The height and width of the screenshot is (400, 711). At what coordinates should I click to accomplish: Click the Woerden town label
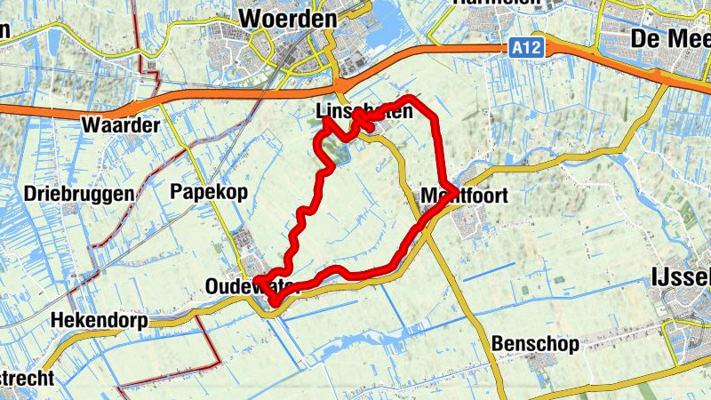pos(288,19)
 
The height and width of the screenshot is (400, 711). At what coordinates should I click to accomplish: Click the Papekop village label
pos(208,192)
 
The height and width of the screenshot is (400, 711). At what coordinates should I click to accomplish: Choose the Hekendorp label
pos(98,320)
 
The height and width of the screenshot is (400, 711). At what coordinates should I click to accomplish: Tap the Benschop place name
pos(534,343)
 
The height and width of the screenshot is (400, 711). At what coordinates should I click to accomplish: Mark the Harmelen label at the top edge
pos(484,4)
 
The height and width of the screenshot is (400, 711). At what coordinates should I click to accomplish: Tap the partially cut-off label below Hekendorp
pos(27,378)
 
